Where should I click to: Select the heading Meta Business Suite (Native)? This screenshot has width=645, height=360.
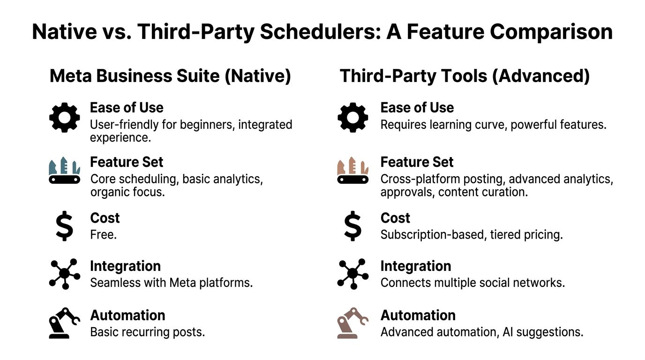pos(170,76)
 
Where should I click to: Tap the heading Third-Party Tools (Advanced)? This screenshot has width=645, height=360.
pos(465,76)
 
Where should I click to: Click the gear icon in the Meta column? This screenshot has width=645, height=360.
pos(65,118)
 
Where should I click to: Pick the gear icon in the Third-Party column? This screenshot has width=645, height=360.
pos(352,118)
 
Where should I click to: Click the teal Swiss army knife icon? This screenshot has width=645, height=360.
pos(65,171)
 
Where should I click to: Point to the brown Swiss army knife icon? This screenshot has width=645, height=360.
pos(352,171)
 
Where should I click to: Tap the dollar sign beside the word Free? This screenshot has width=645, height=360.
pos(64,226)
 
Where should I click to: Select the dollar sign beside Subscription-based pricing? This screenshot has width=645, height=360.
pos(352,226)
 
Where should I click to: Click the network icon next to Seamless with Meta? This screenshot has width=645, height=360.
pos(65,274)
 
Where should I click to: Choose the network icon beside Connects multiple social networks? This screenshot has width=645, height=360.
pos(352,274)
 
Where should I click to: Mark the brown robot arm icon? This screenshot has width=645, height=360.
pos(352,323)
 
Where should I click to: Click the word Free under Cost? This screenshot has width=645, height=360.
pos(104,235)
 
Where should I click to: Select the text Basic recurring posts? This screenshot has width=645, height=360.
pos(148,332)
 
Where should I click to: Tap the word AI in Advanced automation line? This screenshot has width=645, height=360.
pos(508,332)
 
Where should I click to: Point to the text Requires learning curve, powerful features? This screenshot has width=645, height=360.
pos(494,125)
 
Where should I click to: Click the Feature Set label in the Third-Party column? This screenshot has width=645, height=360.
pos(417,162)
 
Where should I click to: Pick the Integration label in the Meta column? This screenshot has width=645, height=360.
pos(126,266)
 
